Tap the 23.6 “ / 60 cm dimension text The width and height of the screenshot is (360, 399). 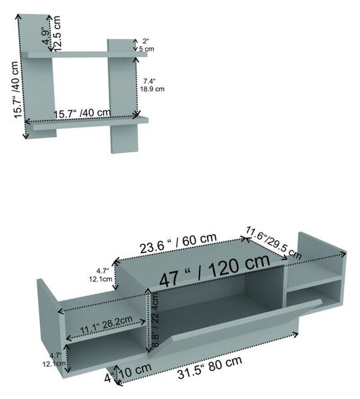178,243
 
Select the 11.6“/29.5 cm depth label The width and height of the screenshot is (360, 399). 273,242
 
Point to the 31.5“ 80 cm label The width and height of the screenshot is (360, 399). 210,368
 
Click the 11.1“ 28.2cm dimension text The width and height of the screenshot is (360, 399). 106,325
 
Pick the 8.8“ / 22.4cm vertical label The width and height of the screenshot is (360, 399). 155,319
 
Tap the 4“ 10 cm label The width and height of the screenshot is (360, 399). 128,372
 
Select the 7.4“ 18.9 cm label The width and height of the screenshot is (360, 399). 152,85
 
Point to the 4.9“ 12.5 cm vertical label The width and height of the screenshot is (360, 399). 52,34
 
